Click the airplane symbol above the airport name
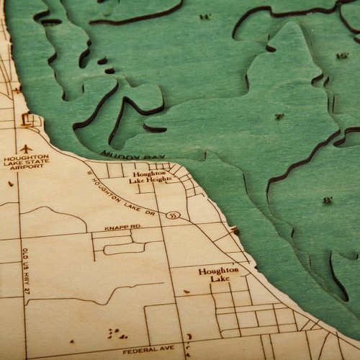click(27, 148)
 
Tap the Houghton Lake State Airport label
click(26, 161)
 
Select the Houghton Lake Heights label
click(150, 177)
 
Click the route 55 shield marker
click(171, 215)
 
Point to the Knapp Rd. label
click(122, 227)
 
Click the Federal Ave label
click(149, 348)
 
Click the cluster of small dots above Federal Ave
click(115, 333)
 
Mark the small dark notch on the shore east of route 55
click(235, 230)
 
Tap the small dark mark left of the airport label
click(10, 184)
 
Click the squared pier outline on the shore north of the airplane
click(30, 120)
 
